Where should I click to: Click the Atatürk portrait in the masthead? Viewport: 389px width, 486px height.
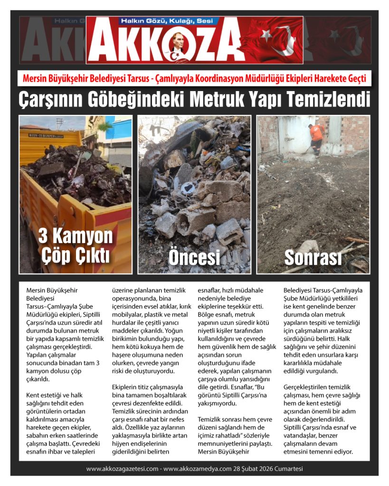click(x=177, y=46)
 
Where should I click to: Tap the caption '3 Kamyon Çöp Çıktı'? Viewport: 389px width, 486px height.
click(x=76, y=245)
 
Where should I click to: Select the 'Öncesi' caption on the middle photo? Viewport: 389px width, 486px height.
click(x=194, y=258)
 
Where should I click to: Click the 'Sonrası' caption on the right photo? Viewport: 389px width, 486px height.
click(x=313, y=258)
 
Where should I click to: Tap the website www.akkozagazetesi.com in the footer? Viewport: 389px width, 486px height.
click(x=122, y=469)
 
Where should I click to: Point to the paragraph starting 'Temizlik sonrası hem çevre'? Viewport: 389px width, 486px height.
click(x=236, y=436)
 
